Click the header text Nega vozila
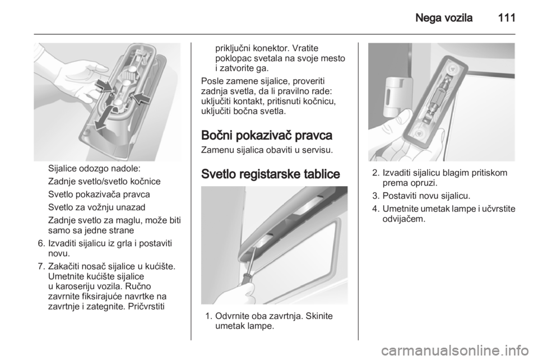point(444,17)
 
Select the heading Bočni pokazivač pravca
point(267,135)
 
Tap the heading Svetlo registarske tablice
point(270,174)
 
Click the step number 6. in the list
point(41,244)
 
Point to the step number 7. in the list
point(41,266)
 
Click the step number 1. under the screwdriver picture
point(208,316)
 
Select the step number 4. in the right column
point(375,209)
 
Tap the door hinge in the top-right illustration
point(397,96)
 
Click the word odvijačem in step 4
point(404,219)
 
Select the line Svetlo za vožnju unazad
point(97,207)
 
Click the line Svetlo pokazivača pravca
point(99,194)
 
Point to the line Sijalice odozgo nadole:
point(94,169)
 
